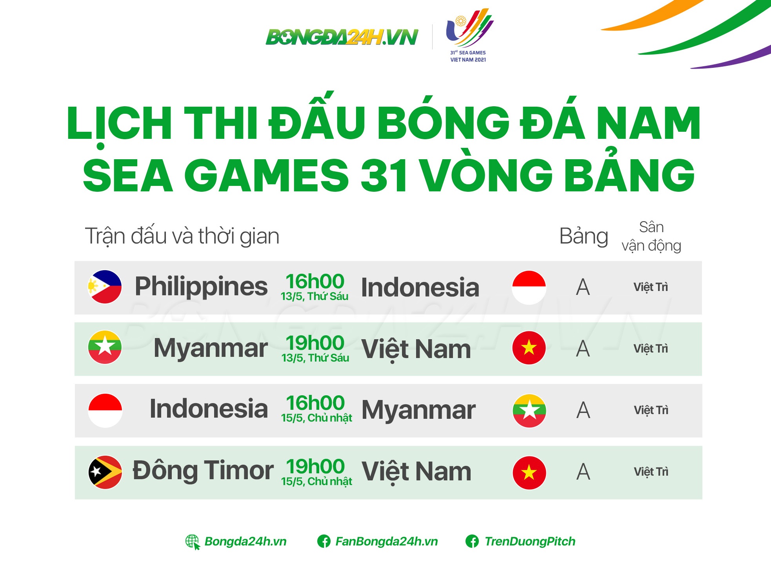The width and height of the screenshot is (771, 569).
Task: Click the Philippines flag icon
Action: coord(105,287)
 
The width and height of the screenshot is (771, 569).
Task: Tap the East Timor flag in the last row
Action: coord(105,472)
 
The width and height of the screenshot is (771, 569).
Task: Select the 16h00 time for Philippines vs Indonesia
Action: coord(315,282)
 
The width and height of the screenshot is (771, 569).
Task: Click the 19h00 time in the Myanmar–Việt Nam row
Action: coord(315,343)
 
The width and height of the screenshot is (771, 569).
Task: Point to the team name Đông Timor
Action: coord(203,470)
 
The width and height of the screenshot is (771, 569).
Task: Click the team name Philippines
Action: coord(201,286)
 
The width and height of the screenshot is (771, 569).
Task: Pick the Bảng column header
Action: coord(584,236)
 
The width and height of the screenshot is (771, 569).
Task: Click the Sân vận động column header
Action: coord(651,236)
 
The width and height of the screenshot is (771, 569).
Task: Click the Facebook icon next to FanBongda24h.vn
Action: coord(324,542)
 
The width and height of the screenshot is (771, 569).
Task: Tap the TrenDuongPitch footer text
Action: coord(530,542)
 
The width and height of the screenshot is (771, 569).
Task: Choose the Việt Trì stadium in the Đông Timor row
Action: coord(651,472)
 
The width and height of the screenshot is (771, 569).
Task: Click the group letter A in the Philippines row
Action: coord(583,287)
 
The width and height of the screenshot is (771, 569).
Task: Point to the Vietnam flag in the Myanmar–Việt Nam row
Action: coord(529,348)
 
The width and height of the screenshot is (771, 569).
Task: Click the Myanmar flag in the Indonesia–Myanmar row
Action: coord(529,410)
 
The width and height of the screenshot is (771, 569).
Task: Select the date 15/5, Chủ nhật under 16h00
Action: coord(316,418)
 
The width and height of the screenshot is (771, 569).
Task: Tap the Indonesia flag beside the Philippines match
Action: coord(529,287)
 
